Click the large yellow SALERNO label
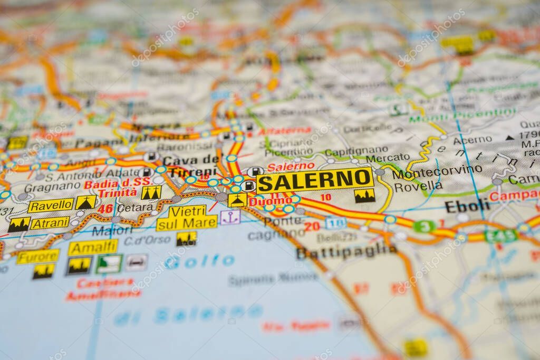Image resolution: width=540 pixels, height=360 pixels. click(315, 180)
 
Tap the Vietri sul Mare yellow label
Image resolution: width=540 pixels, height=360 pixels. click(187, 217)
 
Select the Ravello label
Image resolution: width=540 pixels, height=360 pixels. click(51, 205)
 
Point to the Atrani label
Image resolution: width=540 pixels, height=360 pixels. click(50, 223)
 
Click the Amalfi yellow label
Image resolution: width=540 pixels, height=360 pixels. click(93, 247)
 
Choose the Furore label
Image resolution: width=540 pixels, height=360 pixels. click(37, 257)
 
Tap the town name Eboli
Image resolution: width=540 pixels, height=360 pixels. click(467, 206)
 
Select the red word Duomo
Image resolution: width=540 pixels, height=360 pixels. click(271, 201)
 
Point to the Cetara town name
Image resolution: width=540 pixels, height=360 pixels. click(135, 208)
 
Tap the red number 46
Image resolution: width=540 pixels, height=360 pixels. click(105, 209)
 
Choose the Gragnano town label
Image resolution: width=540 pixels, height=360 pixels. click(52, 187)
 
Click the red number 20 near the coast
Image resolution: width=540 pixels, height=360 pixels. click(312, 226)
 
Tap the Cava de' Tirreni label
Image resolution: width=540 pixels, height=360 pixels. click(190, 166)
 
